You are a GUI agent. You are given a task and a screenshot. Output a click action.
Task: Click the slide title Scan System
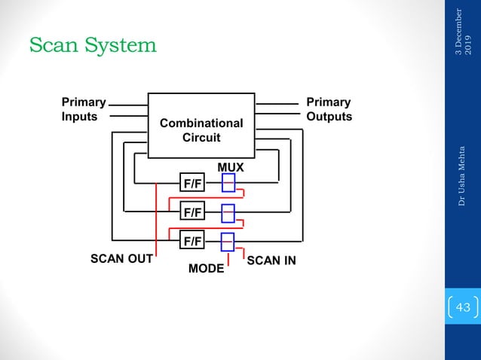tap(93, 46)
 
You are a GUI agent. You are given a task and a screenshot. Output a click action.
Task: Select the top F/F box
tap(192, 183)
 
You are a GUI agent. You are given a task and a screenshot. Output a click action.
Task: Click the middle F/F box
tap(192, 212)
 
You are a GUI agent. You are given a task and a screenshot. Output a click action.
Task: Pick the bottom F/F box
tap(192, 241)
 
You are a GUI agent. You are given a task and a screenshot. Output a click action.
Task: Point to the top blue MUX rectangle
tap(228, 183)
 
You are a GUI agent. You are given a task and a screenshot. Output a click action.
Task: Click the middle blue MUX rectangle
tap(228, 213)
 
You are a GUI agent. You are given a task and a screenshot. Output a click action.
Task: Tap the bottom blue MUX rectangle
tap(228, 241)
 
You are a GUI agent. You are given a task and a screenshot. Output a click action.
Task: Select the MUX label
tap(231, 164)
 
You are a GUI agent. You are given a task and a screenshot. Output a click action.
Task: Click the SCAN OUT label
tap(121, 259)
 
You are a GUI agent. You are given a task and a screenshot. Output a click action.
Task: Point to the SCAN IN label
tap(271, 261)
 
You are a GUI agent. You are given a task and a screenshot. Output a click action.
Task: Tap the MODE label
tap(206, 269)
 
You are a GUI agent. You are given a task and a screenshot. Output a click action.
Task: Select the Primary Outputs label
tap(329, 109)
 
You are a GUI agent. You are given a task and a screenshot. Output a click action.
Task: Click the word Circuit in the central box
tap(201, 138)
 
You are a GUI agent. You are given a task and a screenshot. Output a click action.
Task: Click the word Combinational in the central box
tap(201, 123)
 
